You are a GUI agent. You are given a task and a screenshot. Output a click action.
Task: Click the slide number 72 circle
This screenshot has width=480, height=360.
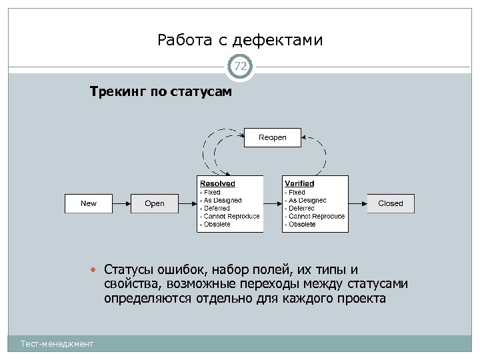coord(240,66)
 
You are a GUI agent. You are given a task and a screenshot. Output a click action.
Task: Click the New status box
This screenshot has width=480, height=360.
coord(88,203)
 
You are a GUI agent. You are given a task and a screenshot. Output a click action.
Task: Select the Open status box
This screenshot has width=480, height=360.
coord(155,203)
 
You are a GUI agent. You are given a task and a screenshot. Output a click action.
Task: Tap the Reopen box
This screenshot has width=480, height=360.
coord(273,137)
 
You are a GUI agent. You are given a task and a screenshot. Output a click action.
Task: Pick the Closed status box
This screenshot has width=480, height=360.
coord(391,203)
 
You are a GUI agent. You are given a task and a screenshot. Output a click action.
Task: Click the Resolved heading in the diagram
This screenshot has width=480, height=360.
coord(217,183)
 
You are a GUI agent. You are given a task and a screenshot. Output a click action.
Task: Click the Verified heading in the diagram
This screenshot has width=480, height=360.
coord(299,183)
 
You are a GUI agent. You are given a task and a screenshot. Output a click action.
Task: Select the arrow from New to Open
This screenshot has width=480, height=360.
coord(121,203)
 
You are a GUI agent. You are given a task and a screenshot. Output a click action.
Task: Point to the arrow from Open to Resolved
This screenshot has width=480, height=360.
coord(189,203)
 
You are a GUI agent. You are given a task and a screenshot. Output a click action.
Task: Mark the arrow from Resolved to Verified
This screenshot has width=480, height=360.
coord(273,203)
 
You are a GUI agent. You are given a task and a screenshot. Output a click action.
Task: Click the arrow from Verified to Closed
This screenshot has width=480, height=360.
coord(357,203)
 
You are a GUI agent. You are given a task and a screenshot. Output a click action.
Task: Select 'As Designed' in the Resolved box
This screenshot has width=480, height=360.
coord(223,200)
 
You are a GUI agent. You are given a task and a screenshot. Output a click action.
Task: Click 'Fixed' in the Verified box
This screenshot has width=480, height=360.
coord(297,192)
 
